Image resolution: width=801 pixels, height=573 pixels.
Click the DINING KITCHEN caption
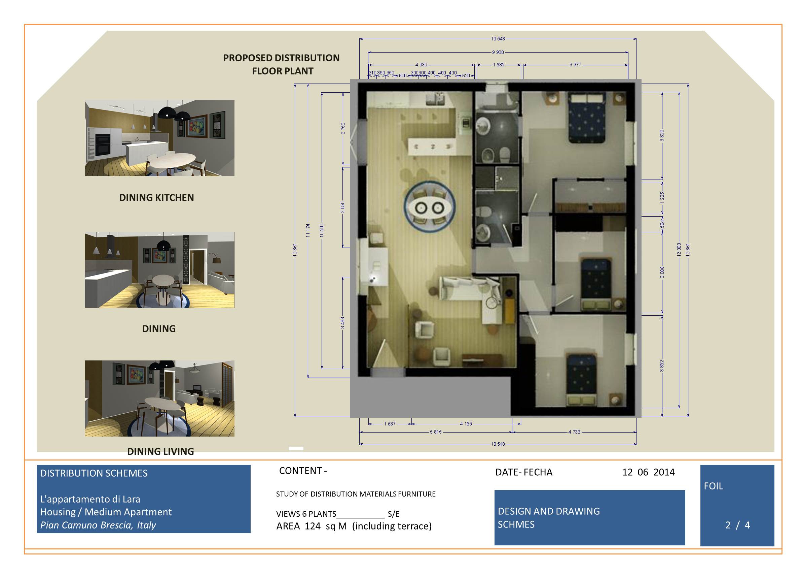click(x=156, y=198)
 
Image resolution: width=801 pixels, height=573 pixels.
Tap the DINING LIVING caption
click(x=160, y=451)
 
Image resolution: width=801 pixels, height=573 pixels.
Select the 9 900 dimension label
click(x=498, y=52)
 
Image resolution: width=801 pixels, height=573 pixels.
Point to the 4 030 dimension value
click(x=421, y=65)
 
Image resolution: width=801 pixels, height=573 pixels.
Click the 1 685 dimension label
click(x=498, y=65)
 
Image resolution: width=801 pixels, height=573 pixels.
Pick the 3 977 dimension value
click(x=575, y=65)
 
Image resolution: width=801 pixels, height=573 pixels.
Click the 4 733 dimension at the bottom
click(x=574, y=432)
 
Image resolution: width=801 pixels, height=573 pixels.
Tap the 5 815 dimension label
click(x=436, y=432)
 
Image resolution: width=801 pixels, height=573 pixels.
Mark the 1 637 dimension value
click(x=390, y=424)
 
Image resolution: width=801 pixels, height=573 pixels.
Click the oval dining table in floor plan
click(x=429, y=208)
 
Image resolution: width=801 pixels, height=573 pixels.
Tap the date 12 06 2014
click(x=648, y=472)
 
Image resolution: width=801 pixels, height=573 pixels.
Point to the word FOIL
click(x=713, y=486)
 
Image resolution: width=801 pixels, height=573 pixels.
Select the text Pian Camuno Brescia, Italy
click(x=98, y=525)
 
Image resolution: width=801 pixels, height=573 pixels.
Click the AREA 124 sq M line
click(x=354, y=526)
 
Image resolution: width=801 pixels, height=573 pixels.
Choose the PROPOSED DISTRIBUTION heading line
click(x=281, y=58)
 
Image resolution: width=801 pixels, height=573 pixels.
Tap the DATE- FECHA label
click(x=524, y=472)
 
